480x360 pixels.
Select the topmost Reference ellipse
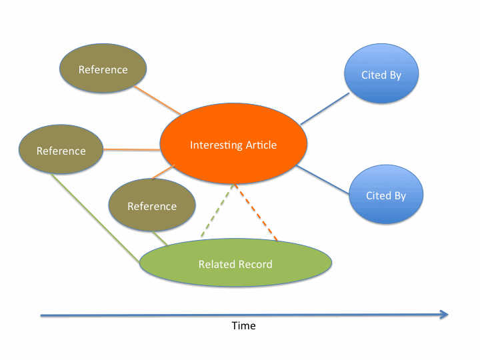103,69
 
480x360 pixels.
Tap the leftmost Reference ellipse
61,151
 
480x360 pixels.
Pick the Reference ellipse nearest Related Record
151,206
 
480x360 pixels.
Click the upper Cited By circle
381,75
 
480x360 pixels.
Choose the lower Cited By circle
385,195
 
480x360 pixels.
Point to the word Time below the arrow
243,326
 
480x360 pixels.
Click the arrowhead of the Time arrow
445,315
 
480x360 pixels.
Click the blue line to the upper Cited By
325,109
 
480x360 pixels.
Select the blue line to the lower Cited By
323,180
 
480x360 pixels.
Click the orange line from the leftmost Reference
132,149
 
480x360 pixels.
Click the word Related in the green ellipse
215,264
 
